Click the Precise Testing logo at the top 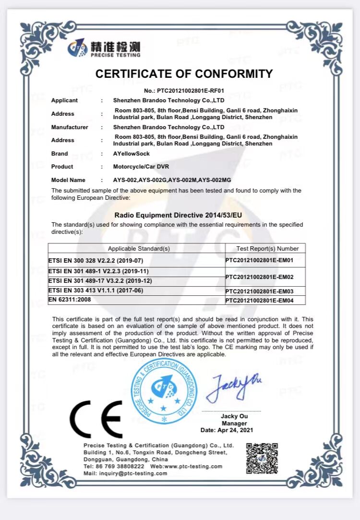pos(104,48)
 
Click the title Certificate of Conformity pos(184,74)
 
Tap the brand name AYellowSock pos(132,154)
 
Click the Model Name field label pos(68,180)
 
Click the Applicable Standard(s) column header pos(139,249)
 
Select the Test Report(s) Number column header pos(267,249)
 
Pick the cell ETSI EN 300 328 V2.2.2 pos(96,261)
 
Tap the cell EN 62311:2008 pos(70,300)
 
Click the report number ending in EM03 pos(265,291)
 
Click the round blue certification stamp pos(164,392)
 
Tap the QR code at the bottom pos(262,458)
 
